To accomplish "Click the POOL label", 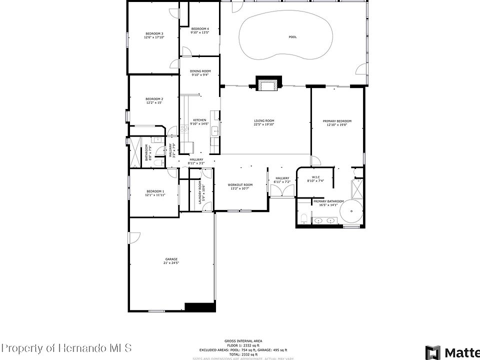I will (x=292, y=37).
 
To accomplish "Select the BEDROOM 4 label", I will (x=200, y=29).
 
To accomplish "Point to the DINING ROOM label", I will (x=200, y=71).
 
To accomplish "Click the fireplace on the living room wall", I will (x=268, y=84).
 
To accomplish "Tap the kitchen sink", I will (x=214, y=131).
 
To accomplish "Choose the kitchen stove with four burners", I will (x=184, y=128).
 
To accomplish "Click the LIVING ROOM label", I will (x=264, y=120).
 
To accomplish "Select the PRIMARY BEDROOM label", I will (x=337, y=121).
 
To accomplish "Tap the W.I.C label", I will (x=315, y=177).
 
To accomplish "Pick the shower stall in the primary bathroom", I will (x=358, y=188).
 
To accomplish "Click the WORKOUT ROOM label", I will (x=240, y=185).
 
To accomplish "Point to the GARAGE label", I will (x=171, y=259).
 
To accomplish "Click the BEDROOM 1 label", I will (x=155, y=191).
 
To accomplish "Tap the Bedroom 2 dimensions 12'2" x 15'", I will (x=154, y=102).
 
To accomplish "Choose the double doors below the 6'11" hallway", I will (x=282, y=191).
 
